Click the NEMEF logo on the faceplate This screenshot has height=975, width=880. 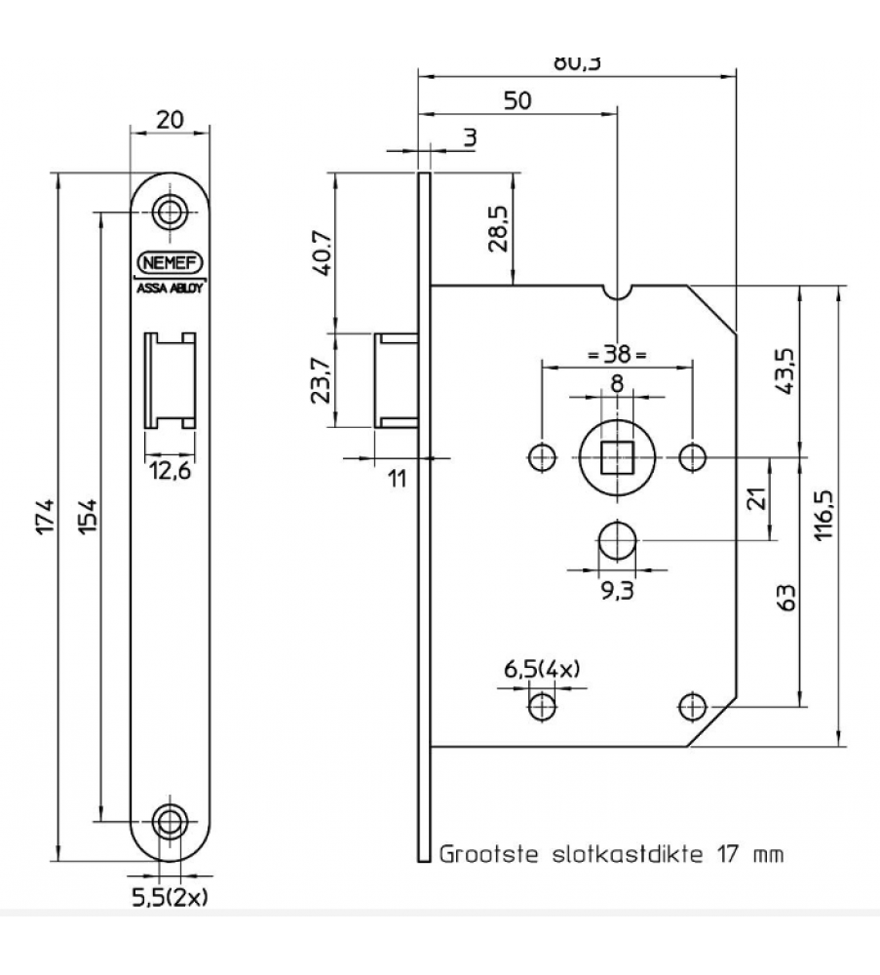pyautogui.click(x=171, y=262)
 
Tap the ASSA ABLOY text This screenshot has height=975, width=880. pyautogui.click(x=171, y=287)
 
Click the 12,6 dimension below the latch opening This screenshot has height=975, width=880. pyautogui.click(x=170, y=473)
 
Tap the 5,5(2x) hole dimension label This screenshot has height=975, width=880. pyautogui.click(x=170, y=896)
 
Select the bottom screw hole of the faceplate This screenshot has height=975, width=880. pyautogui.click(x=171, y=819)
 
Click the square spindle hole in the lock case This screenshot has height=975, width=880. pyautogui.click(x=616, y=455)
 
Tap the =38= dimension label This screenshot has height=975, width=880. pyautogui.click(x=617, y=354)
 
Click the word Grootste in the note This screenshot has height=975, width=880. pyautogui.click(x=485, y=855)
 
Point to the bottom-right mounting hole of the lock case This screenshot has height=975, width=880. pyautogui.click(x=692, y=704)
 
